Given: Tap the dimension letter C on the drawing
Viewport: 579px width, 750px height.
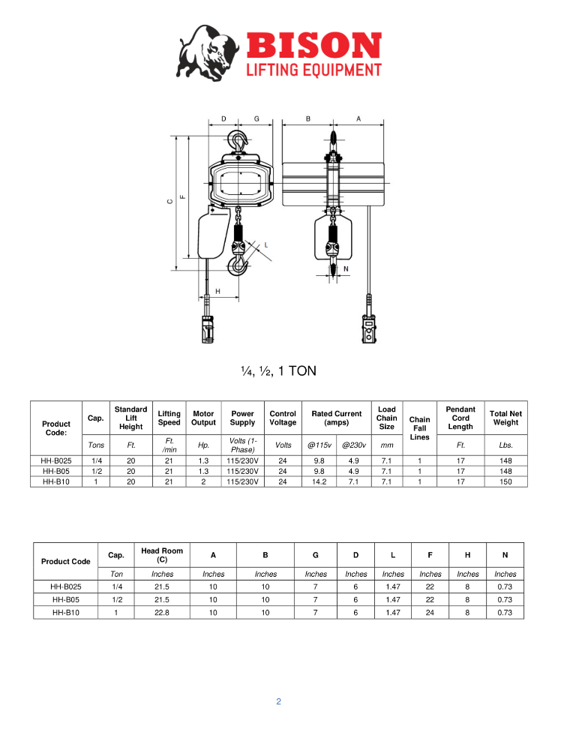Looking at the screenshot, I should click(x=169, y=202).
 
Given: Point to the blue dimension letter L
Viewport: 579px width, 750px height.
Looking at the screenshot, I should click(x=265, y=244).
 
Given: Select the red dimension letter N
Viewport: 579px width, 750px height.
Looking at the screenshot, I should click(x=346, y=268).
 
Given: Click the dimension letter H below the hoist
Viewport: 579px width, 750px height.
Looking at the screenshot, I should click(x=218, y=290).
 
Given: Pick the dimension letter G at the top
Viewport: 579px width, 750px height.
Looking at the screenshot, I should click(x=256, y=118).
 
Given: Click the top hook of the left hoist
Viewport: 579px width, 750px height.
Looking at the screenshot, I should click(x=238, y=141).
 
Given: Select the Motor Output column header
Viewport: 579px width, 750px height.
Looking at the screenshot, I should click(x=203, y=418).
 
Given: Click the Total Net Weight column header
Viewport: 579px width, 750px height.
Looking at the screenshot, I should click(x=505, y=418).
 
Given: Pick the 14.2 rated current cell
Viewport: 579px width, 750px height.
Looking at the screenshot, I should click(x=319, y=481).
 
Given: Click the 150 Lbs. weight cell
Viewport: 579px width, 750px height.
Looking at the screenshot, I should click(x=505, y=481).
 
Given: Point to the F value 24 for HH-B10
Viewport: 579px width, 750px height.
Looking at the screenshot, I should click(x=430, y=612).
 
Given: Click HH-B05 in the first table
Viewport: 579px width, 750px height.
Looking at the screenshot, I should click(x=56, y=471).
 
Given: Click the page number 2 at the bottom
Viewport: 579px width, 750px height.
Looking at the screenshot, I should click(x=278, y=702).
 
